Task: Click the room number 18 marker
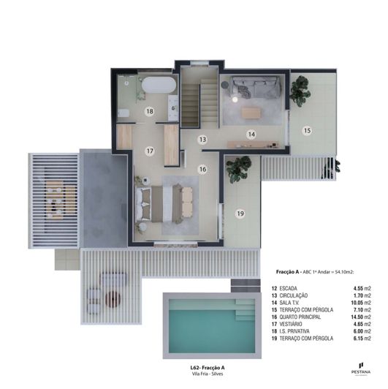tap(149, 112)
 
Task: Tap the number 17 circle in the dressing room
tap(149, 151)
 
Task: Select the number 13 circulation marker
tap(202, 137)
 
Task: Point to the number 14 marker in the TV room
tap(251, 134)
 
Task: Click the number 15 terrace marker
tap(308, 130)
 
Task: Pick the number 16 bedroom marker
tap(202, 169)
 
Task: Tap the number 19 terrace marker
tap(240, 214)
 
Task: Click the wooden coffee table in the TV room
tap(251, 113)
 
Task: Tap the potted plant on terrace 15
tap(298, 91)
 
